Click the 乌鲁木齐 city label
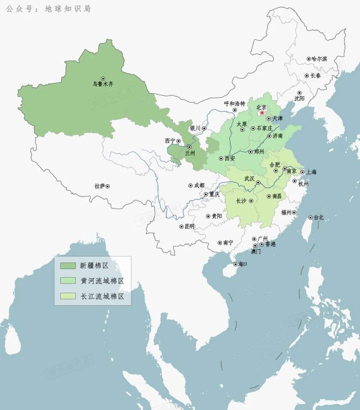click(103, 84)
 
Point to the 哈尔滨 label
click(319, 59)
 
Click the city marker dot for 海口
click(234, 264)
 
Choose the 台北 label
click(319, 218)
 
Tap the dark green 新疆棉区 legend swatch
click(68, 265)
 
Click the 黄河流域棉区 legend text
click(102, 281)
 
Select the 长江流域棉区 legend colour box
click(68, 296)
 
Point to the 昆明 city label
click(189, 227)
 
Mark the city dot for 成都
click(190, 185)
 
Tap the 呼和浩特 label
click(234, 103)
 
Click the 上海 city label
click(312, 172)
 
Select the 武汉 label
click(249, 179)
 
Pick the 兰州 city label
click(191, 153)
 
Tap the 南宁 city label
click(228, 242)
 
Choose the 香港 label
click(270, 244)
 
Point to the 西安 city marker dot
click(221, 159)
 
